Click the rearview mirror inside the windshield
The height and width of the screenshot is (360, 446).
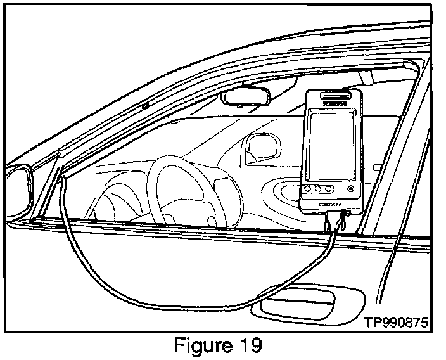coord(246,98)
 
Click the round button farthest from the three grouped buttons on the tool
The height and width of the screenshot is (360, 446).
coord(350,188)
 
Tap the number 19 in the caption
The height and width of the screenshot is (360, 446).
coord(248,347)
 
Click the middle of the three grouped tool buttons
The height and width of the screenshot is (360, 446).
coord(318,189)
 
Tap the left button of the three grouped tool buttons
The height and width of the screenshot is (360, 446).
coord(308,189)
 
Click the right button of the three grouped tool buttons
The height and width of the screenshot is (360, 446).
coord(328,189)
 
